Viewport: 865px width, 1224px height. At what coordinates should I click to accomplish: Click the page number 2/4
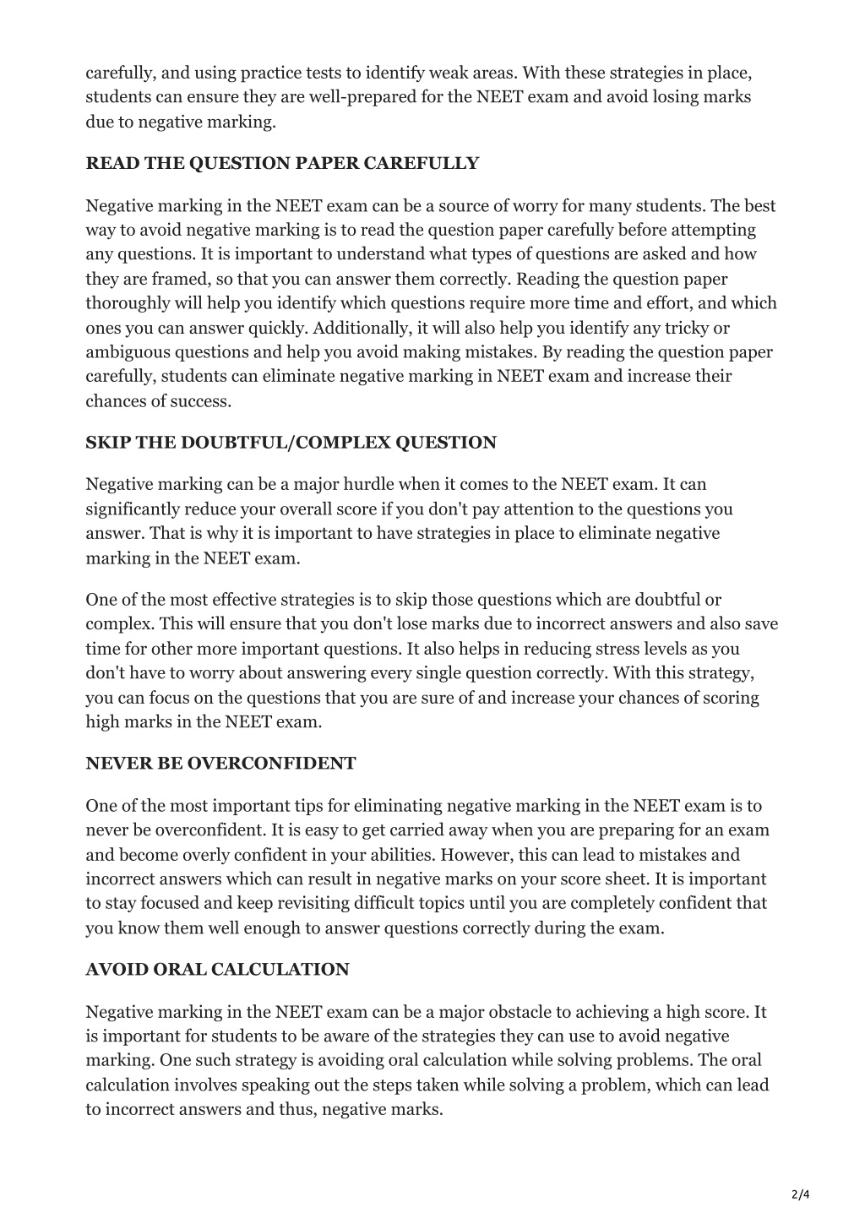(800, 1194)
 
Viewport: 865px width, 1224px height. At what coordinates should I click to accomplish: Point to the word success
(200, 400)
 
